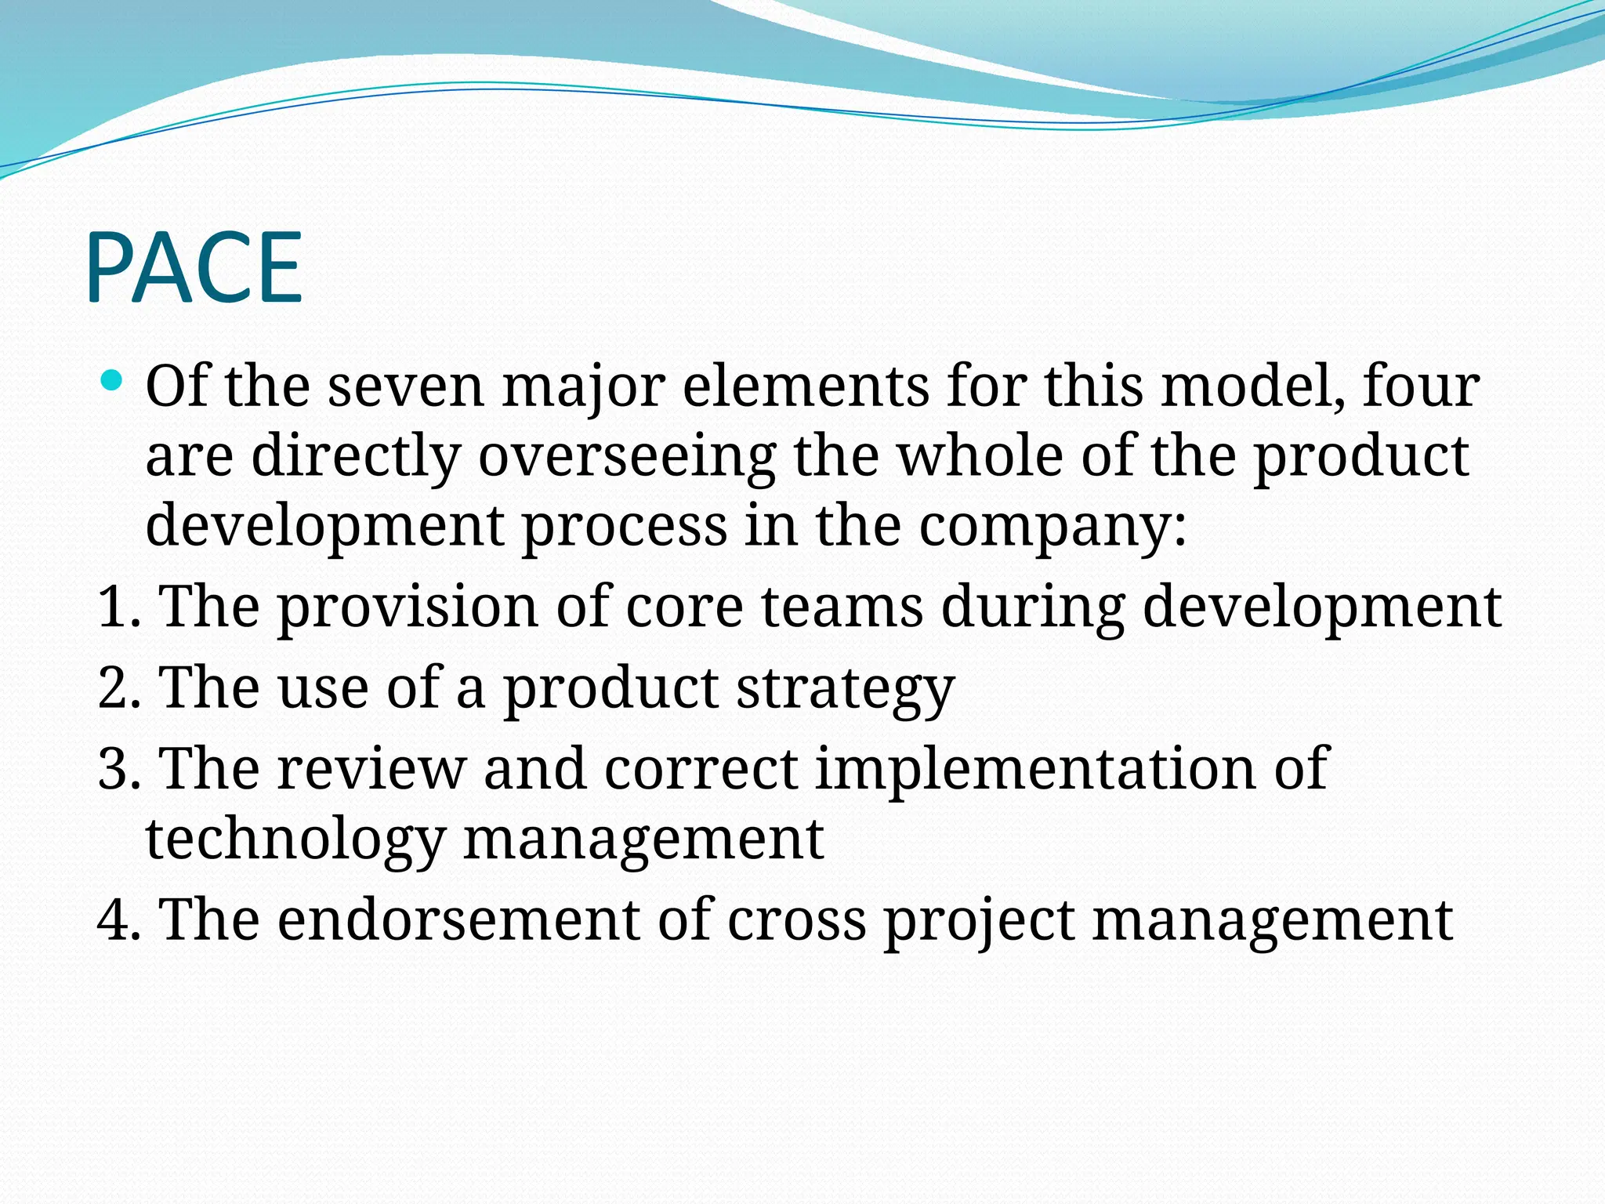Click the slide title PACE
[x=194, y=268]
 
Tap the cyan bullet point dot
[x=113, y=382]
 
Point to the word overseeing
[x=627, y=456]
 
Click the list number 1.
[x=115, y=607]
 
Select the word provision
[x=408, y=607]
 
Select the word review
[x=371, y=769]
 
